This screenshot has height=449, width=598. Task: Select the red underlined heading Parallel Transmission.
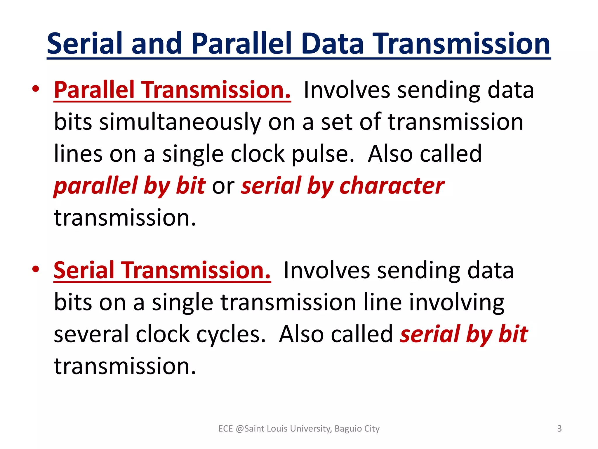point(172,90)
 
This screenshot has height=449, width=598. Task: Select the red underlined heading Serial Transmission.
point(162,270)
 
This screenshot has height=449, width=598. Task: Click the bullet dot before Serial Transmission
point(35,269)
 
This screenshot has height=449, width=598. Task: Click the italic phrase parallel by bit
point(130,186)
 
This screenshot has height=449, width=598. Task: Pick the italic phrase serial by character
point(343,186)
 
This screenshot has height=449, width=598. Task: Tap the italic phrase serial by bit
point(464,334)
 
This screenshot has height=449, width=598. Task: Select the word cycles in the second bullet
point(231,334)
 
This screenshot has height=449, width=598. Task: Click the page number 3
point(559,429)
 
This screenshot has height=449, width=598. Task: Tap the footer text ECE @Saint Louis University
point(274,429)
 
